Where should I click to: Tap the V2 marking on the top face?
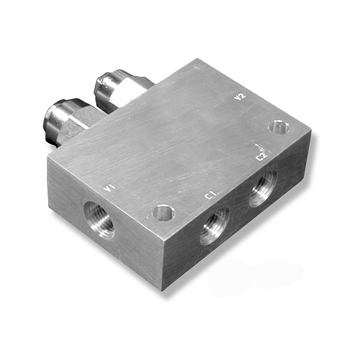239,97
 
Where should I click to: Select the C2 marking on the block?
262,157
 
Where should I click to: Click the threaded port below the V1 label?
99,220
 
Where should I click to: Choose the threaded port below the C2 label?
263,188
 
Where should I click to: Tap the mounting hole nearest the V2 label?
279,127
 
